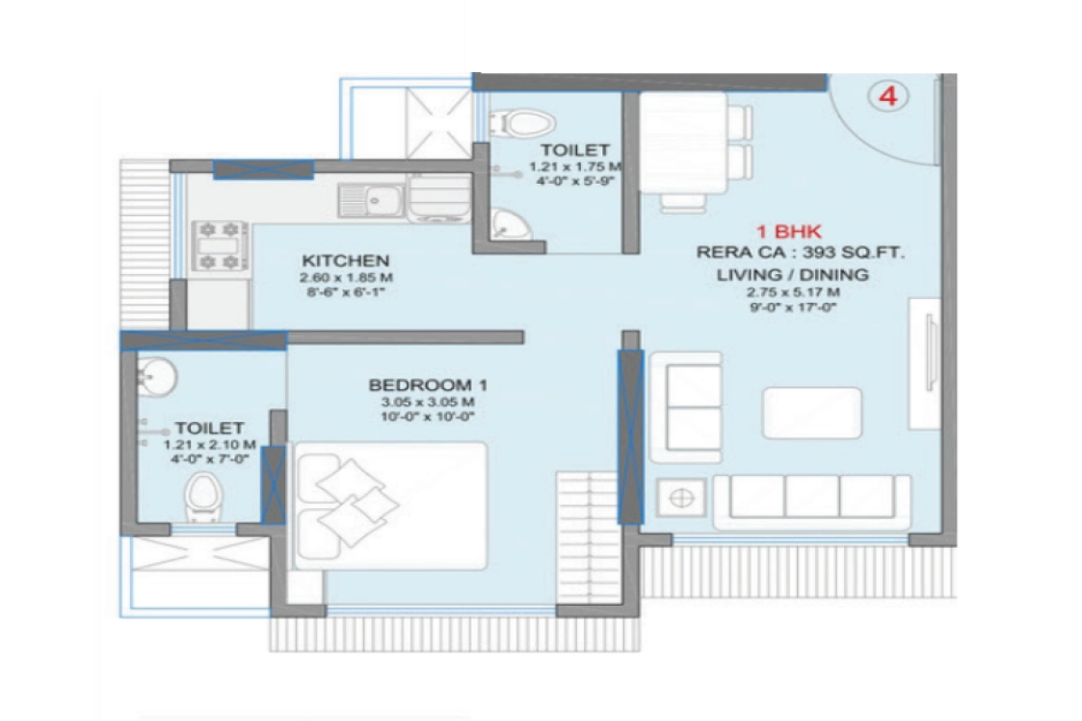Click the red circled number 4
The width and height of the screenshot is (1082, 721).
click(x=888, y=96)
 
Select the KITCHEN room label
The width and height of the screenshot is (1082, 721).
click(x=333, y=260)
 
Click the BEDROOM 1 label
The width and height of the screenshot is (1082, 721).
click(x=421, y=386)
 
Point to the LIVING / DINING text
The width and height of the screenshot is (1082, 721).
click(x=793, y=275)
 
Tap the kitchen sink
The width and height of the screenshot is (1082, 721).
click(x=373, y=199)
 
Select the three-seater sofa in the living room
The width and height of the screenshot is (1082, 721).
click(x=811, y=500)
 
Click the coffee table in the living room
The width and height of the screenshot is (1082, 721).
click(x=812, y=413)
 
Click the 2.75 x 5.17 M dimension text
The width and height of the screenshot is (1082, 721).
click(x=793, y=292)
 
